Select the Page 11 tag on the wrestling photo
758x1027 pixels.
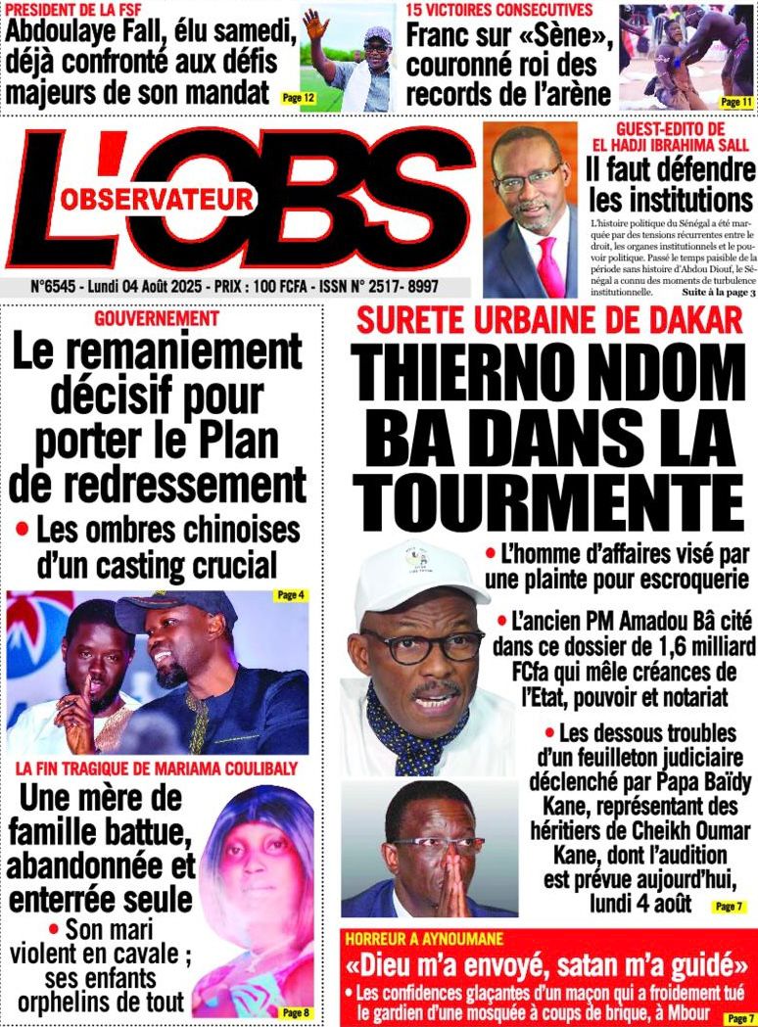(x=734, y=101)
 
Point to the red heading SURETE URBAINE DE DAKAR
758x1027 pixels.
(x=548, y=319)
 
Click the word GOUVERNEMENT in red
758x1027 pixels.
(x=156, y=318)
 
